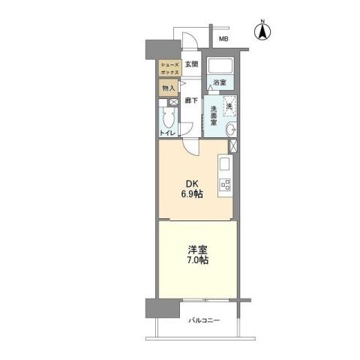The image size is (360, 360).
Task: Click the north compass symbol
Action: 262,31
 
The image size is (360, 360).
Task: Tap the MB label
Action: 223,39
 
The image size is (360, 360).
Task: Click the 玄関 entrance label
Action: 191,64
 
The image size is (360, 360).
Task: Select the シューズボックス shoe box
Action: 169,67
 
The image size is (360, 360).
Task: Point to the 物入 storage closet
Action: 169,88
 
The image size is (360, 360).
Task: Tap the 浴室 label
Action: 219,82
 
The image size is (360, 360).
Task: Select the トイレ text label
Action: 168,133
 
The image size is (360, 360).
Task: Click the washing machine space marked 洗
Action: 229,106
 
